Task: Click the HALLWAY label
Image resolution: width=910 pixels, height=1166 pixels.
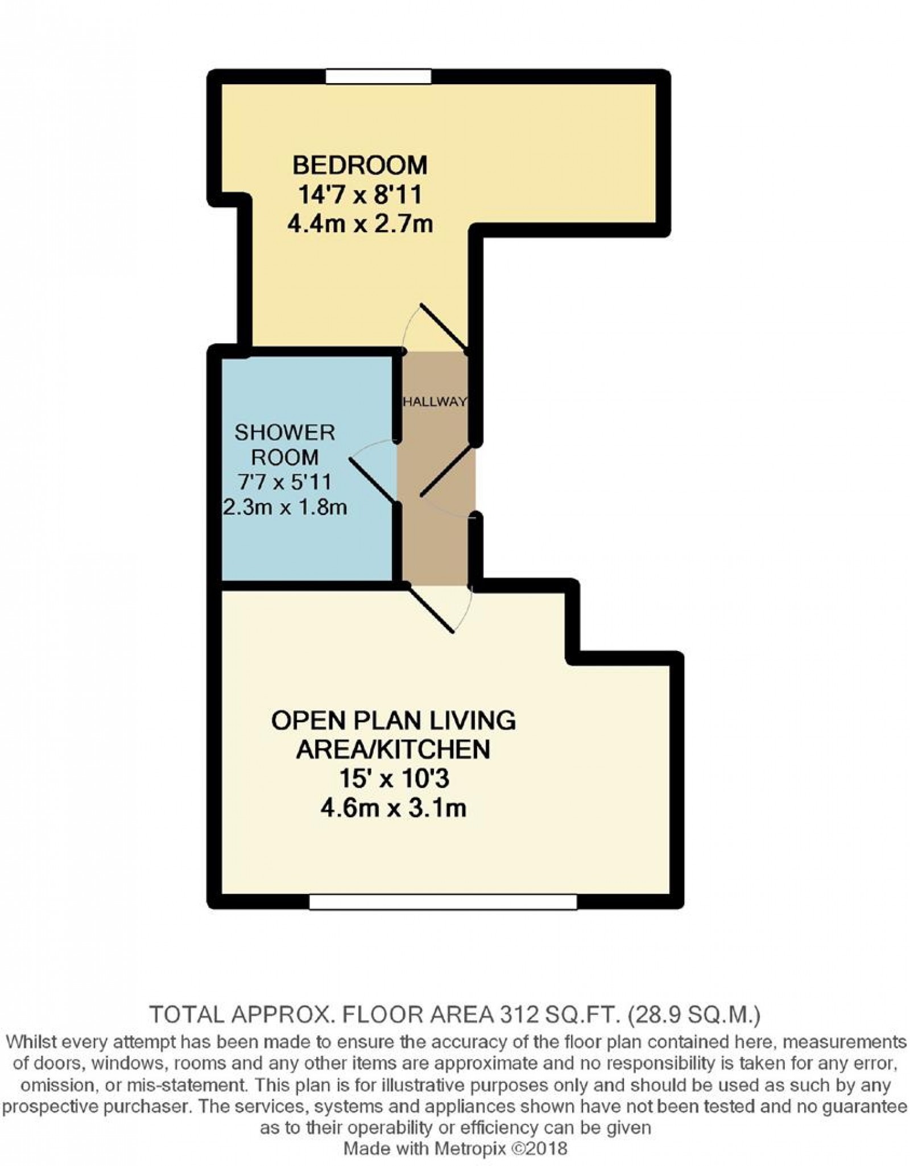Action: [435, 402]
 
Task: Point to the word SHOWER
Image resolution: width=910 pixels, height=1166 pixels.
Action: [284, 433]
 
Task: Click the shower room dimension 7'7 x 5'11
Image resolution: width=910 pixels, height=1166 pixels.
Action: [284, 482]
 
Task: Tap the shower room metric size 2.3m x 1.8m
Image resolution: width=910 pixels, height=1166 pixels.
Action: [284, 506]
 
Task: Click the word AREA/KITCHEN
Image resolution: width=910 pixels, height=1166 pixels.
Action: [392, 749]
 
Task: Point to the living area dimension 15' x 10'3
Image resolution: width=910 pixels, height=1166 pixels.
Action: [392, 779]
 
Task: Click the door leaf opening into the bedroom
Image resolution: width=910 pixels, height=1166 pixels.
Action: [444, 328]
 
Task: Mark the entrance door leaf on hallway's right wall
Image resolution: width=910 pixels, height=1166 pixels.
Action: [446, 472]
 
